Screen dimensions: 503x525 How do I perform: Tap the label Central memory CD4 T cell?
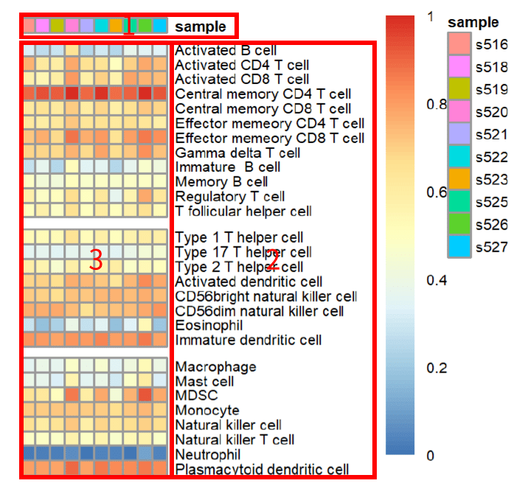point(262,94)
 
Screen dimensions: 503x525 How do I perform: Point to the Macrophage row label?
point(215,367)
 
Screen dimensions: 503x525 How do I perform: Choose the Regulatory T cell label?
point(230,197)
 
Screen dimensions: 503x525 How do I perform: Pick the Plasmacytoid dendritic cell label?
point(262,469)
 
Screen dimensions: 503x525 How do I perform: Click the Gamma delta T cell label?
point(237,153)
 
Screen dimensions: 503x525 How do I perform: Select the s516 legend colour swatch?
point(459,45)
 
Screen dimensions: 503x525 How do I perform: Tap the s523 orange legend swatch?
point(459,179)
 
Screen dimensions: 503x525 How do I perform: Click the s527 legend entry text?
point(492,246)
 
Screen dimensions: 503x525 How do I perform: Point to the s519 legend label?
point(492,90)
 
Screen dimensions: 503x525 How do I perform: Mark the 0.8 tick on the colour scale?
point(437,104)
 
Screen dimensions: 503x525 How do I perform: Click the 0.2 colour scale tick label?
point(437,367)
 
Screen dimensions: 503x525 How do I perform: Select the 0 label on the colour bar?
point(431,456)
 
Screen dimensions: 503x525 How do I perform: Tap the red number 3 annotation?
point(95,260)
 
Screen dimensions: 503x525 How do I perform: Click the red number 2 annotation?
point(272,260)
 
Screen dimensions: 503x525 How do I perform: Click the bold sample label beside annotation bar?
point(201,27)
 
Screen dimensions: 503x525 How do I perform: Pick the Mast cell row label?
point(204,381)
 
